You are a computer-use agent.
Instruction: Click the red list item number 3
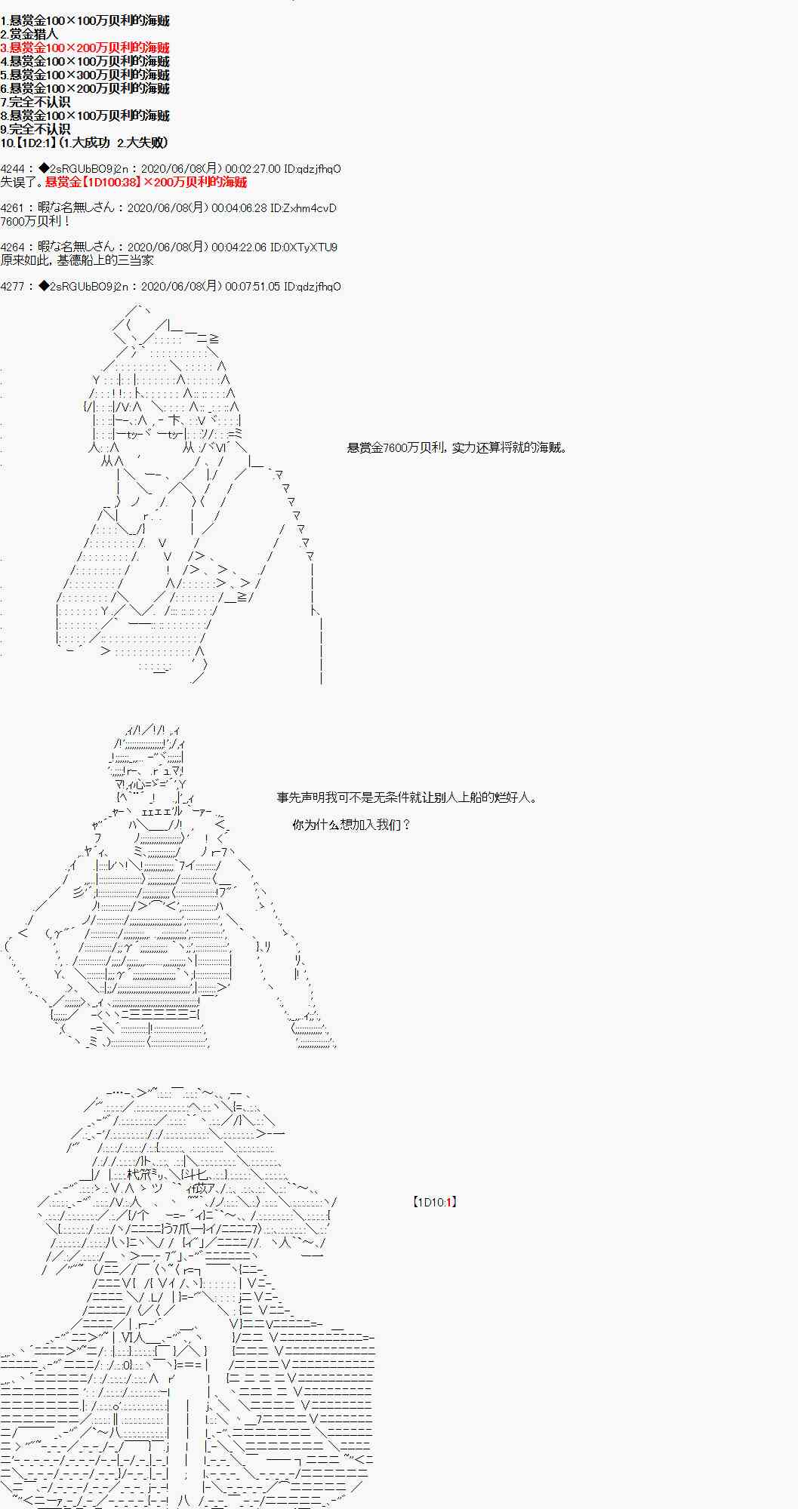[85, 48]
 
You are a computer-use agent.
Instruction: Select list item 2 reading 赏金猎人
[29, 34]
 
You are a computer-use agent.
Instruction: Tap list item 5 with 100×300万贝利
[85, 75]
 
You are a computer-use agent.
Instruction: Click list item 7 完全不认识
[35, 102]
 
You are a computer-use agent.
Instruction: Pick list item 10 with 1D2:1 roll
[84, 143]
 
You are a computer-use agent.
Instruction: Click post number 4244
[13, 169]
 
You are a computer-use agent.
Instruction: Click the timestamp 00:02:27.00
[253, 169]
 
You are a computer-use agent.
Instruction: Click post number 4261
[13, 208]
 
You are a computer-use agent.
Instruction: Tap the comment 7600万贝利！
[35, 221]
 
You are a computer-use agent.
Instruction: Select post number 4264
[13, 247]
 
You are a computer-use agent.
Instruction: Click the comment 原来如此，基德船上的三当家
[77, 260]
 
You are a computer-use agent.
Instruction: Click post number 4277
[13, 287]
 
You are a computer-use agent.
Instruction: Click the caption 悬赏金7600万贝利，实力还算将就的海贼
[457, 447]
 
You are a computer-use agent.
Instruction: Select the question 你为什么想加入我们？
[351, 825]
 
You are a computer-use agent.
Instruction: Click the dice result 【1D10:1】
[435, 1202]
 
